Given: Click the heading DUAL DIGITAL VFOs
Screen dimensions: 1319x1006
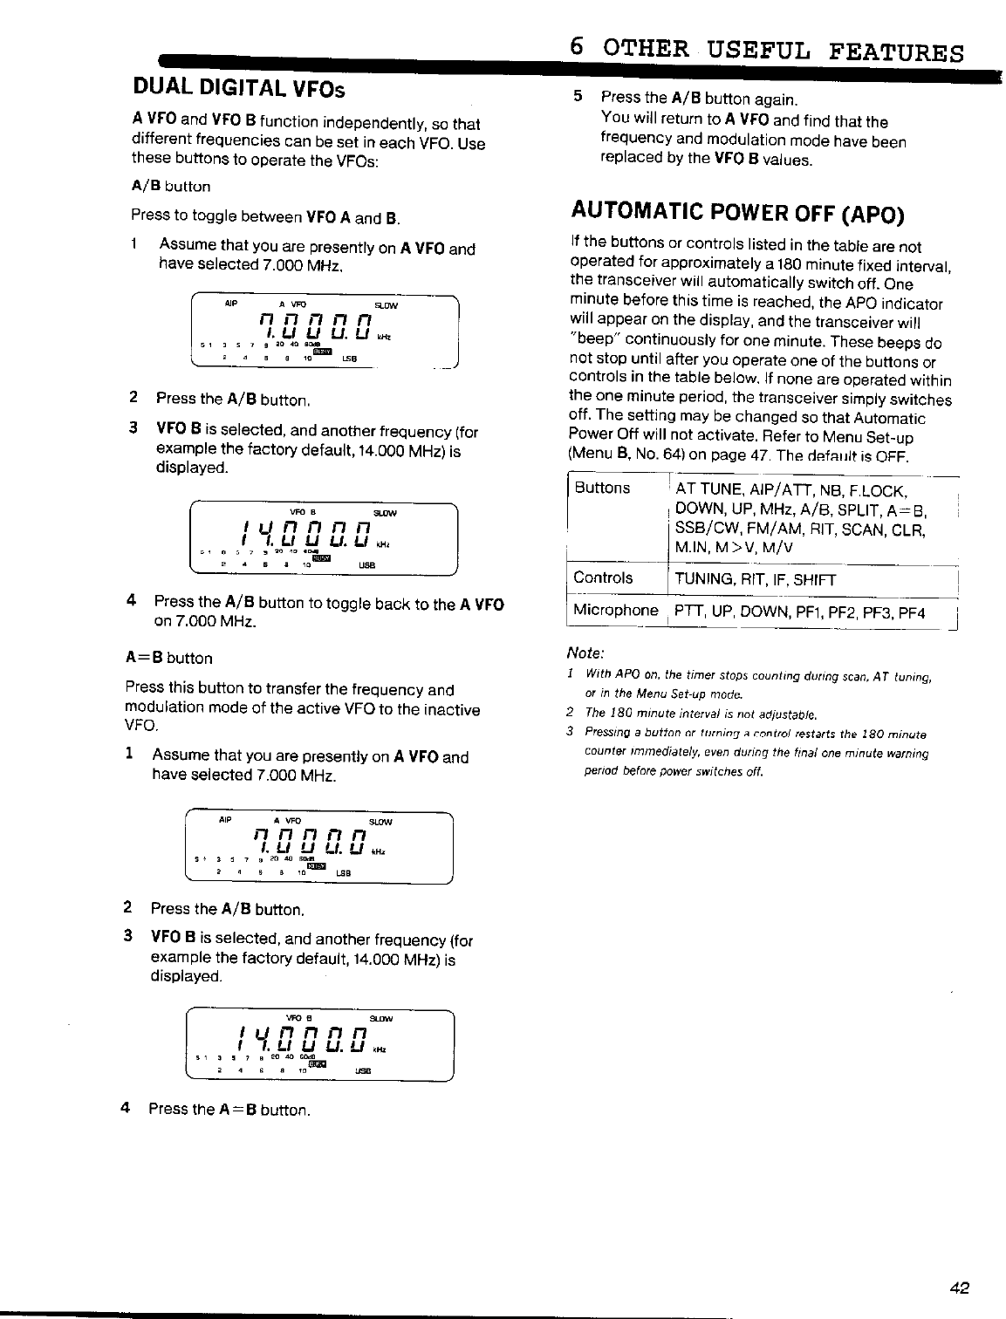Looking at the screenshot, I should (238, 88).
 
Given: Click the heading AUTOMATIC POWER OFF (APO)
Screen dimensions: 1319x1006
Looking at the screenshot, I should (737, 213).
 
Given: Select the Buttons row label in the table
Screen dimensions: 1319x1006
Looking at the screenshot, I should (602, 488).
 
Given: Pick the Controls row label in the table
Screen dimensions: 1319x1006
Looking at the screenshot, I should (603, 577).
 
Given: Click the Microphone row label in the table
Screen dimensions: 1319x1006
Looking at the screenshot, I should (615, 611).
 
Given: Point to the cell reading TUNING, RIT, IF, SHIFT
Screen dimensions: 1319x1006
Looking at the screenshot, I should (756, 579).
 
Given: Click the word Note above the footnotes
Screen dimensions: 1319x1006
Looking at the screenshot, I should (585, 653).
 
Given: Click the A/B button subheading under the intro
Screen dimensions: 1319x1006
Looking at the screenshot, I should (171, 186).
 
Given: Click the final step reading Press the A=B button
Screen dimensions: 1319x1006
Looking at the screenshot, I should (230, 1110).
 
